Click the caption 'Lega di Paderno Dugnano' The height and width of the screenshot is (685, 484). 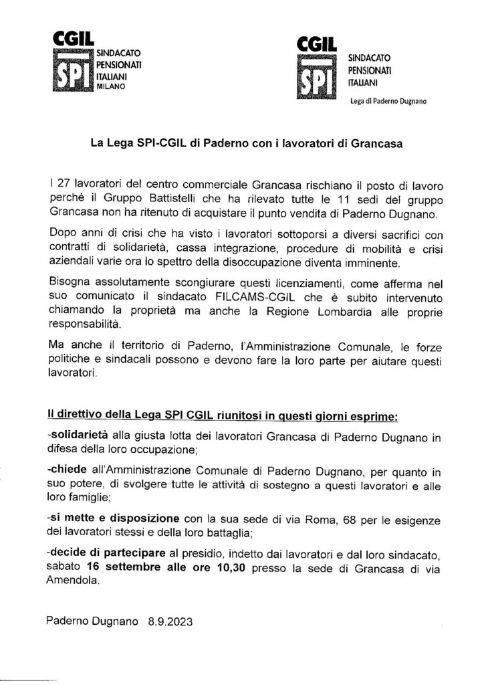click(x=388, y=102)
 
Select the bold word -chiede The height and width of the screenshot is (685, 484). click(x=68, y=474)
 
